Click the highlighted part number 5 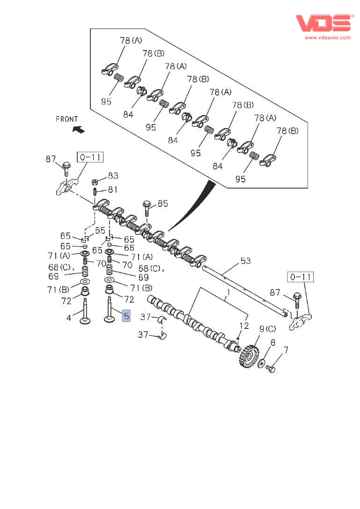[x=126, y=316]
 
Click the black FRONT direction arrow [x=78, y=129]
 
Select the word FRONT [x=67, y=119]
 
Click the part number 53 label [x=246, y=261]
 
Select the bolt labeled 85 [x=146, y=208]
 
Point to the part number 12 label [x=244, y=326]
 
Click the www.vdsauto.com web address [x=328, y=37]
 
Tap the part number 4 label [x=68, y=318]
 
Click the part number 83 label [x=113, y=176]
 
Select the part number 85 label [x=162, y=204]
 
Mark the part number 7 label [x=286, y=349]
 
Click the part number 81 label [x=113, y=189]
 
